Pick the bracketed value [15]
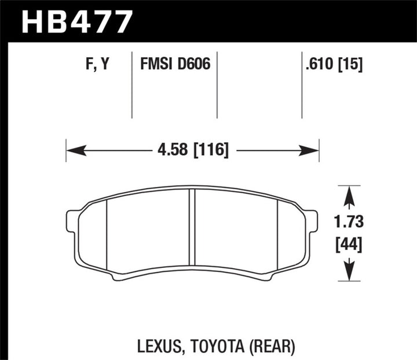tap(351, 65)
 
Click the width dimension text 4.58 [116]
tap(193, 152)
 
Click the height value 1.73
tap(348, 221)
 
